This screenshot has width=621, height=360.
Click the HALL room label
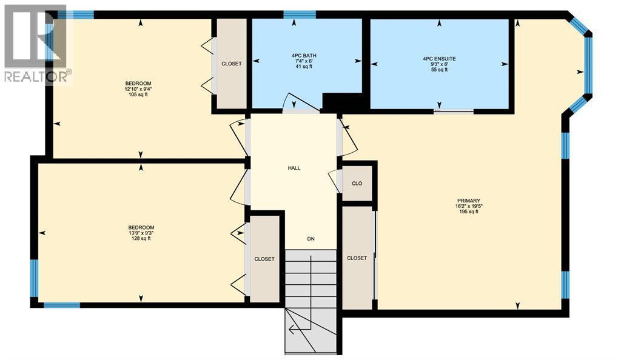(x=294, y=168)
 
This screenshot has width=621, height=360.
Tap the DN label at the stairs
(x=310, y=239)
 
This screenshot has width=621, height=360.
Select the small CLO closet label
(x=357, y=182)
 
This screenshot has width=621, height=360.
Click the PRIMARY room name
(x=469, y=201)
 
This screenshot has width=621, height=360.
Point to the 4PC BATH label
(x=304, y=56)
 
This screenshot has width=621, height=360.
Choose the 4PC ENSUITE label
(x=439, y=59)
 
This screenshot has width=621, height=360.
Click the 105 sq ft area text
(x=138, y=95)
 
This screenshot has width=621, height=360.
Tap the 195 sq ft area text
(x=469, y=212)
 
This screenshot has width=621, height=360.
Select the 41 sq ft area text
(x=304, y=67)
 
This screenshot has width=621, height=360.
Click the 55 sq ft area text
(x=439, y=70)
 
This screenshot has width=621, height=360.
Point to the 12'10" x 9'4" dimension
(x=138, y=89)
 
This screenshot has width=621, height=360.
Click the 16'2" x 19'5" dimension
(x=469, y=206)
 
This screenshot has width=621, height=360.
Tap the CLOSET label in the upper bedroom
(x=231, y=64)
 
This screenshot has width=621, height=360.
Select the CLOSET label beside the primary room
(x=357, y=258)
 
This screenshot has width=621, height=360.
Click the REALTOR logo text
(x=37, y=76)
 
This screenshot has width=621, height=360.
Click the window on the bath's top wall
(x=300, y=15)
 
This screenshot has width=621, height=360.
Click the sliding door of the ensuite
(x=454, y=111)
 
